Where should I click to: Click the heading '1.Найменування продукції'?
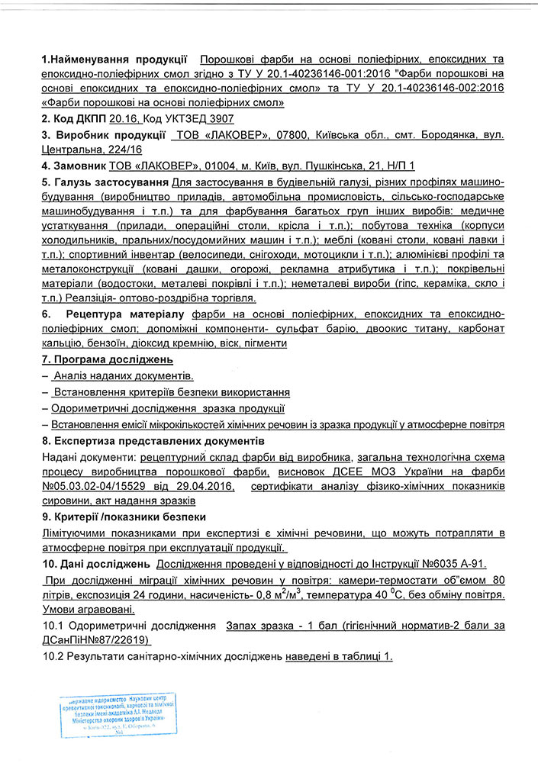[x=114, y=58]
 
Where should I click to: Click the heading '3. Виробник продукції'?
[x=104, y=135]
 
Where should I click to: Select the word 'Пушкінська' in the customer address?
[x=345, y=165]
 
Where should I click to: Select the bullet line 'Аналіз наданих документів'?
[x=123, y=375]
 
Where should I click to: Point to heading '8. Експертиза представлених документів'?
[x=153, y=441]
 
